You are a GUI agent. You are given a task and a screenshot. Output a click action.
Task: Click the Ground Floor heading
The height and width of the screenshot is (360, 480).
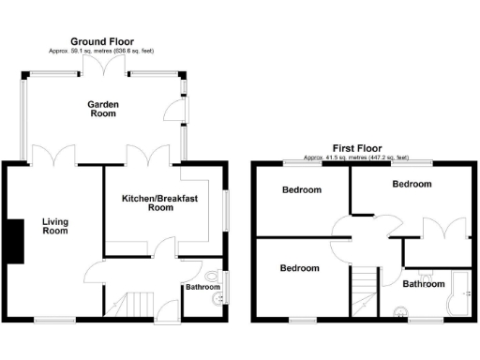click(x=103, y=42)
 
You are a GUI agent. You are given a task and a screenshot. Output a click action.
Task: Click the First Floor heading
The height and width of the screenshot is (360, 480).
click(x=358, y=148)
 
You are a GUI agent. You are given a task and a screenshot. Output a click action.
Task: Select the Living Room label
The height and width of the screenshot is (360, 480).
click(x=55, y=227)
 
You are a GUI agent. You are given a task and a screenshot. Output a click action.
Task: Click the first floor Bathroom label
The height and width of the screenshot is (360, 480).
click(x=424, y=283)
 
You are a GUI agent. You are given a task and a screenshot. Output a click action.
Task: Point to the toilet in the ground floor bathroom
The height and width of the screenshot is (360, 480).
click(x=214, y=277)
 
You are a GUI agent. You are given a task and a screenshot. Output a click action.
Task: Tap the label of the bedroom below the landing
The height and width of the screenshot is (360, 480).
click(x=301, y=268)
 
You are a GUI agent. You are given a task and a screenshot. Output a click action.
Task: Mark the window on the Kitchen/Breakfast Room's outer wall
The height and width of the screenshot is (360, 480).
click(x=225, y=209)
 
